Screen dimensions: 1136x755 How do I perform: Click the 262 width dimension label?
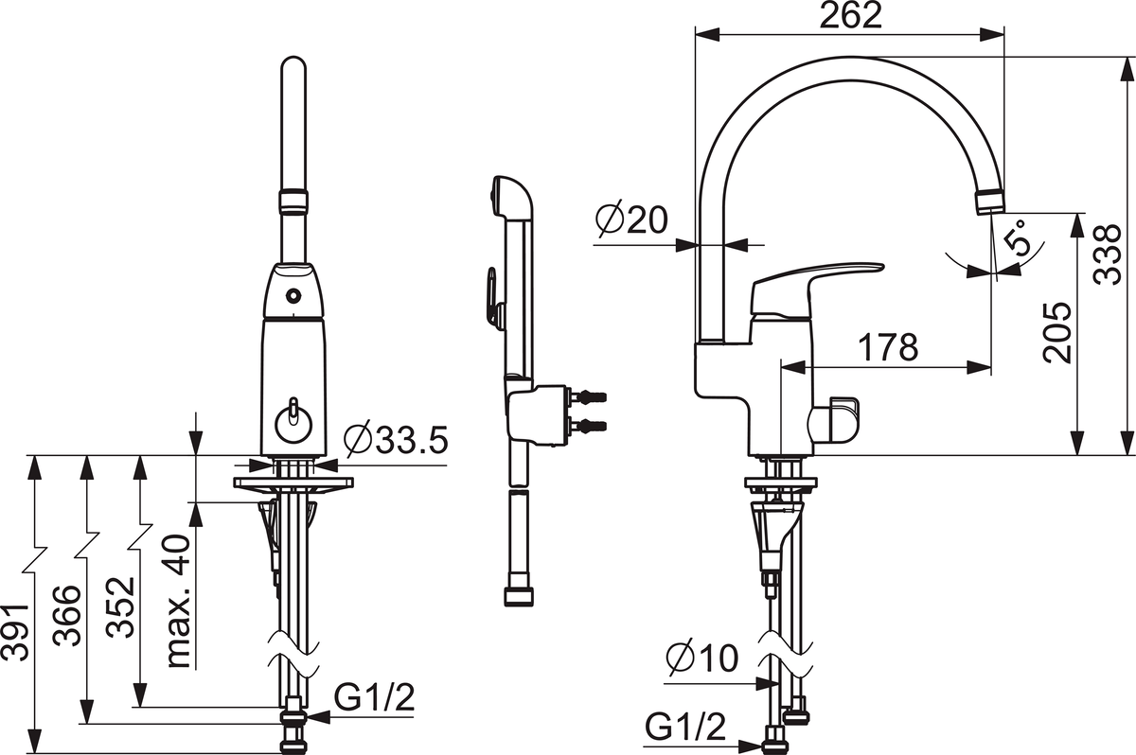(850, 16)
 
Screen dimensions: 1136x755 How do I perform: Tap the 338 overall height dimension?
(1107, 255)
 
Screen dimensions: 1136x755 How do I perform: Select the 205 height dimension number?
(1057, 333)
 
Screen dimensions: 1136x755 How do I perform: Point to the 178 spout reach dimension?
(888, 347)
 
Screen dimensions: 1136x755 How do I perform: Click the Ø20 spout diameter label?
(632, 221)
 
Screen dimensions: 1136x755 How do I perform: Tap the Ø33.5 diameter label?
(396, 439)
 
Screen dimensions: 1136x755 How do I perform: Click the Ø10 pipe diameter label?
(702, 658)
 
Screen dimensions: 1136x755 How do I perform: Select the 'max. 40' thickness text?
(179, 601)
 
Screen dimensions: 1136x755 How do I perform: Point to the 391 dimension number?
(15, 631)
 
